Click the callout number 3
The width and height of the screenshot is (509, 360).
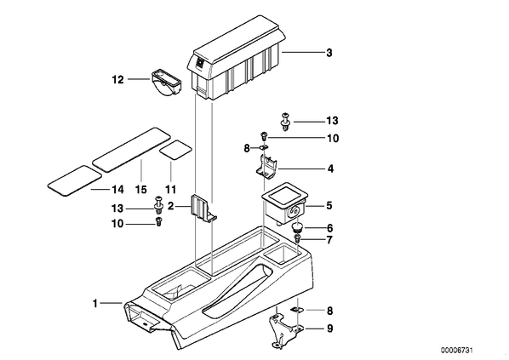pyautogui.click(x=329, y=53)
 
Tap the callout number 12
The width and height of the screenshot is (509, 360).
pyautogui.click(x=117, y=79)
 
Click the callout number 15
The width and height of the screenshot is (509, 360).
pyautogui.click(x=141, y=189)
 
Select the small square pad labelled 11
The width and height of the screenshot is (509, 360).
pyautogui.click(x=175, y=150)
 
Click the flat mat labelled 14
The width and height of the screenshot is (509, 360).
pyautogui.click(x=75, y=180)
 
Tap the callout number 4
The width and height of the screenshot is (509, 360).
pyautogui.click(x=330, y=169)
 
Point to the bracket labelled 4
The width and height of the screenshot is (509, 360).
pyautogui.click(x=266, y=166)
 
